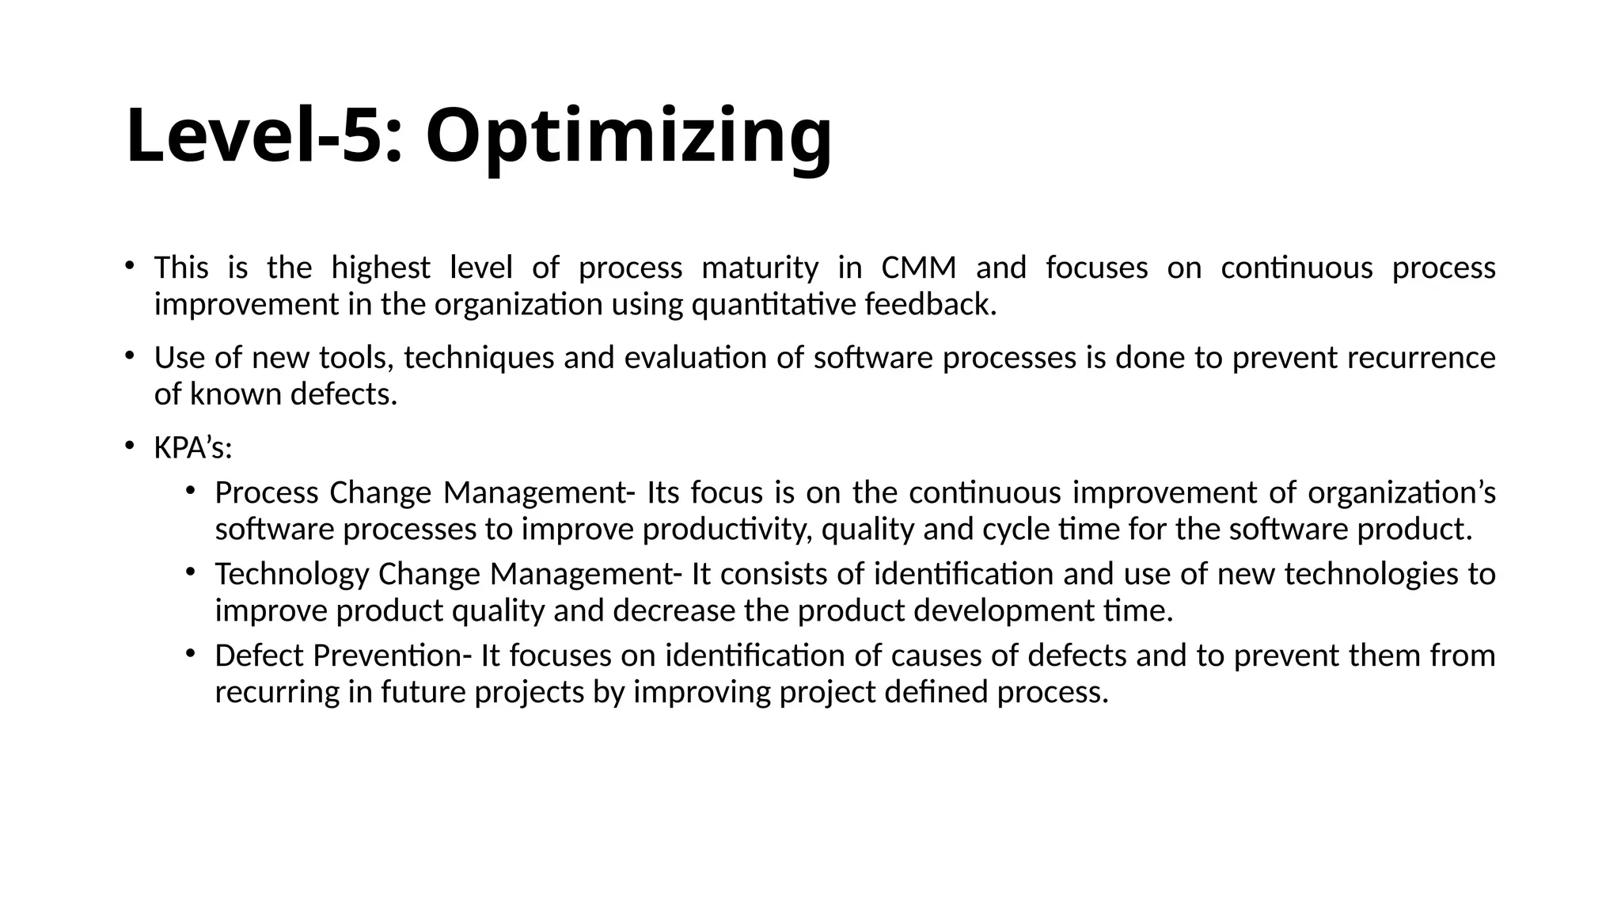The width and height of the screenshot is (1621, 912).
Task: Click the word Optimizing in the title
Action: pyautogui.click(x=628, y=136)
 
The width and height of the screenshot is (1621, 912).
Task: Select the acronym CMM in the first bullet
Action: pyautogui.click(x=918, y=268)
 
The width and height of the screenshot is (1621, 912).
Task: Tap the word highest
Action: pyautogui.click(x=380, y=268)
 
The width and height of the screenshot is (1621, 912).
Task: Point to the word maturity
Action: pyautogui.click(x=760, y=268)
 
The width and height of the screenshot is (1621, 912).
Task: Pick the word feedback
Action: pyautogui.click(x=930, y=305)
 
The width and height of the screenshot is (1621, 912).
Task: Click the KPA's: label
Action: pyautogui.click(x=193, y=449)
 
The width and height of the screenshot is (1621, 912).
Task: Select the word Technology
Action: pyautogui.click(x=291, y=575)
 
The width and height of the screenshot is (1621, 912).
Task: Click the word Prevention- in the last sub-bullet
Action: pyautogui.click(x=392, y=656)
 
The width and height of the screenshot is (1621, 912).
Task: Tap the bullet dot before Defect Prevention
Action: pyautogui.click(x=191, y=653)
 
